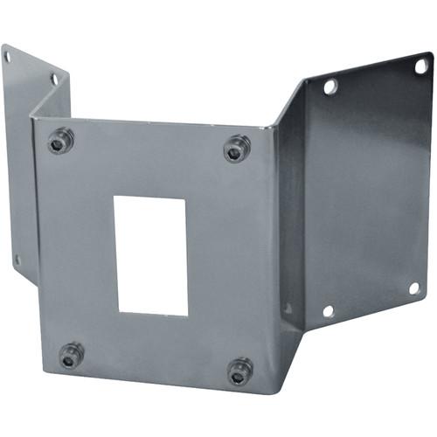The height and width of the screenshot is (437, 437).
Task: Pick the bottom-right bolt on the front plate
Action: point(240,370)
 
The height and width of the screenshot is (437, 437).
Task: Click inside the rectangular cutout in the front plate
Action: point(150,255)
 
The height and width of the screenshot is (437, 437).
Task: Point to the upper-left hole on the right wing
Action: point(330,87)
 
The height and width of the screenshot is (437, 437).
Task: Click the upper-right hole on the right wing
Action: point(420,66)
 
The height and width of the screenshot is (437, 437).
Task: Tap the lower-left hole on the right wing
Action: point(328,310)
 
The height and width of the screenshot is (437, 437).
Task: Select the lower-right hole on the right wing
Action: point(413,288)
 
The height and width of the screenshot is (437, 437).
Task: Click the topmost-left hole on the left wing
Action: point(8,58)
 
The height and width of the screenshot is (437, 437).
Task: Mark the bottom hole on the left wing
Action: point(17,260)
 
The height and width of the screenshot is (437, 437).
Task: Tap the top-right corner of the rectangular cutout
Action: point(186,198)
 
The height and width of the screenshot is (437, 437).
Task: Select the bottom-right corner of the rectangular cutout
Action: point(188,316)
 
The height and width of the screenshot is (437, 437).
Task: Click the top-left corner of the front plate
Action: point(32,116)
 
